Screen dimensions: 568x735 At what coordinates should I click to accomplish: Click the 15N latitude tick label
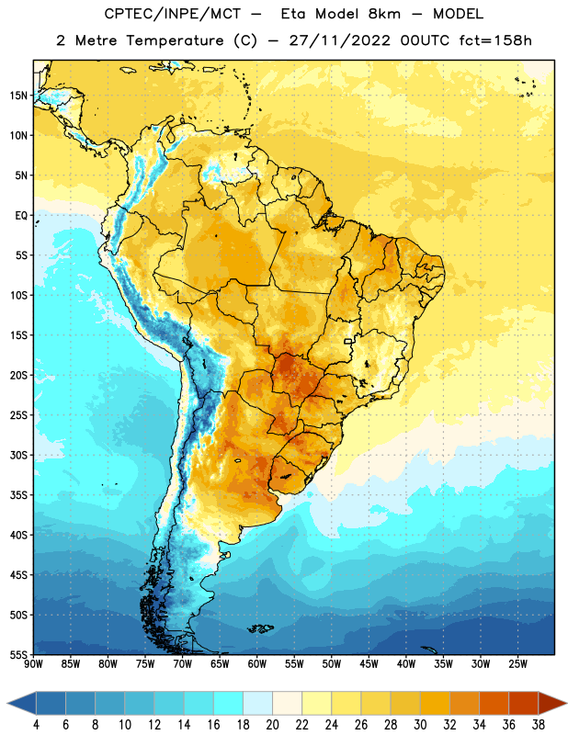tap(18, 96)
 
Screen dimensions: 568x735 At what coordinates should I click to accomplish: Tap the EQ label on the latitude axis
tap(21, 216)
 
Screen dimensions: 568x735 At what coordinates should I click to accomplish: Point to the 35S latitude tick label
tap(18, 495)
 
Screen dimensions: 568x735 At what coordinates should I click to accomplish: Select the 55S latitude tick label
tap(18, 654)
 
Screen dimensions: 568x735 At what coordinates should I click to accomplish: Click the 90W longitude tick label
tap(33, 664)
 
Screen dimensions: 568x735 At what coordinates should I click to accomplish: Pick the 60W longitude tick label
tap(257, 664)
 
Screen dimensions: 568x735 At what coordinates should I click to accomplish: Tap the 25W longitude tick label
tap(517, 664)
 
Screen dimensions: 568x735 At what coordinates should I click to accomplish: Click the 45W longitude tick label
tap(369, 664)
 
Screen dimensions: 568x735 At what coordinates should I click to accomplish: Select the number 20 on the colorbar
tap(272, 725)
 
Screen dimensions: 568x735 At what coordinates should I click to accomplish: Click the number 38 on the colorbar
tap(539, 725)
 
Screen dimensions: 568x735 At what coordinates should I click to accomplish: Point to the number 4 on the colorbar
tap(36, 725)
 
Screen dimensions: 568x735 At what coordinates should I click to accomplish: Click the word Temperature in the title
tap(175, 40)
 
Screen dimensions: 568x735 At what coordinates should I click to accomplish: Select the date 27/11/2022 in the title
tap(339, 40)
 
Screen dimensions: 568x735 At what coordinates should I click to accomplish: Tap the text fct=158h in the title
tap(495, 40)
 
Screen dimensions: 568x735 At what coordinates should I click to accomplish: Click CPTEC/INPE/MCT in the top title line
tap(173, 14)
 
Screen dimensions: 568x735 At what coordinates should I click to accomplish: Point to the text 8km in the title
tap(384, 14)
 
